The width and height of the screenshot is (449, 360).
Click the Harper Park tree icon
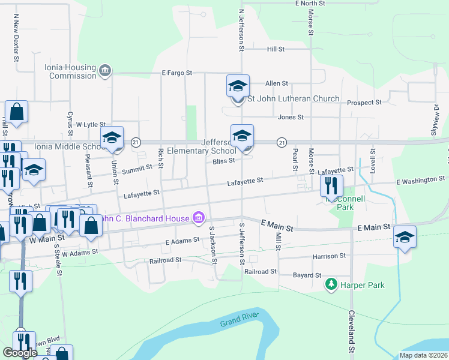click(x=330, y=284)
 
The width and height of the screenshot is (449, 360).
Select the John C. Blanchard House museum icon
click(x=198, y=218)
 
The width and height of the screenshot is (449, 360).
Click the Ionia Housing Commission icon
click(x=106, y=71)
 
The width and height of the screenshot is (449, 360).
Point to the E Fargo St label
click(x=176, y=73)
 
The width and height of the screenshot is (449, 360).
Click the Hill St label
click(x=276, y=49)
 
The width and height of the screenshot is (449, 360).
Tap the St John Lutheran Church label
click(x=294, y=98)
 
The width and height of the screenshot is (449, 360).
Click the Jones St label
click(x=291, y=118)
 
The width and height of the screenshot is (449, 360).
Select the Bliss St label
click(x=223, y=160)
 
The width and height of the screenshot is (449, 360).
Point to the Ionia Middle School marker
click(x=112, y=137)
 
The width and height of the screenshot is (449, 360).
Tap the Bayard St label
click(x=308, y=275)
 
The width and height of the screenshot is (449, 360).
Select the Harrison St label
click(x=329, y=256)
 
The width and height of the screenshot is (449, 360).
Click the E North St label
click(x=310, y=4)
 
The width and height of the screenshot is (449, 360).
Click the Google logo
click(x=20, y=353)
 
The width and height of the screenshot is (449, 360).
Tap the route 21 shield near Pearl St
click(x=281, y=142)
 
